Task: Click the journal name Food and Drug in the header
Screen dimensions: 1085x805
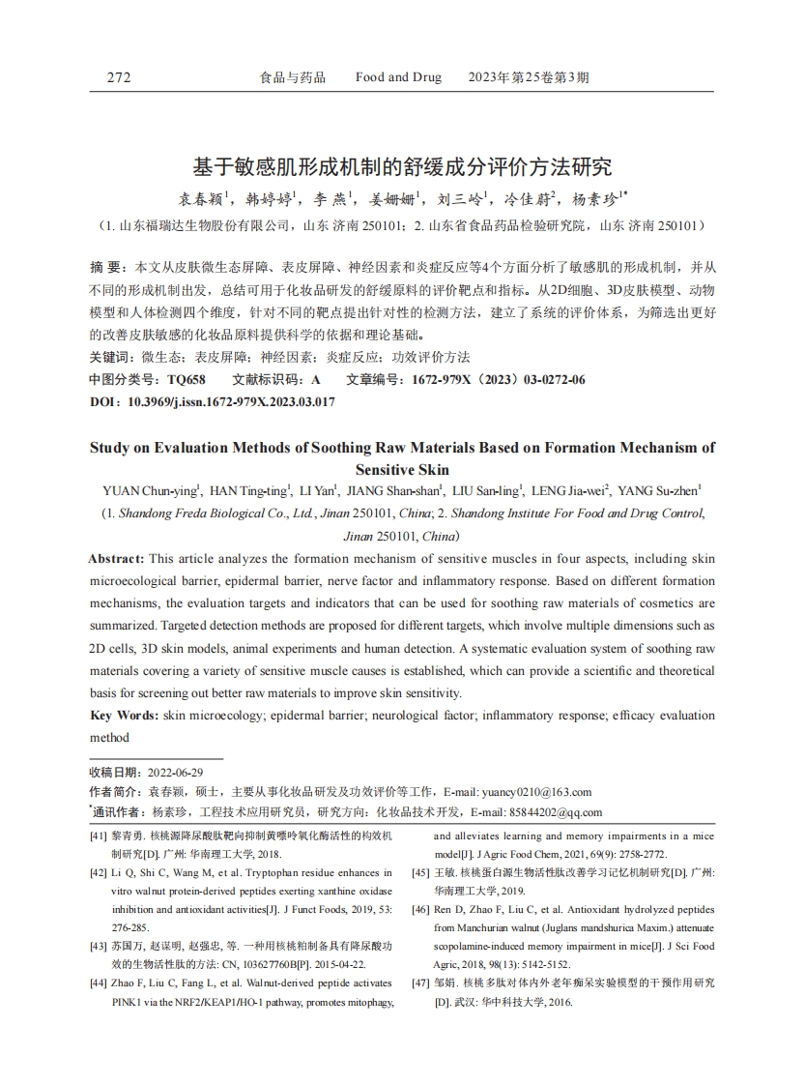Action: (x=398, y=77)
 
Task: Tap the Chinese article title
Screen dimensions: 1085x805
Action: (x=402, y=167)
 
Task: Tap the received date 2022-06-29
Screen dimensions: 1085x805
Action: (x=174, y=773)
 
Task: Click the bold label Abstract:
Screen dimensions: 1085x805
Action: (x=117, y=559)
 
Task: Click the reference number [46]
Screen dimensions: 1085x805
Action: (x=420, y=910)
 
